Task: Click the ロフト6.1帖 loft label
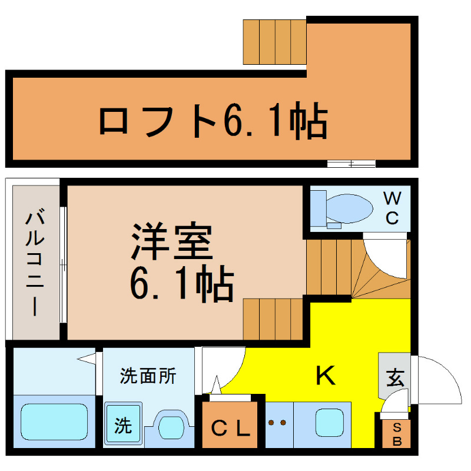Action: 213,120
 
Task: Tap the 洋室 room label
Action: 172,241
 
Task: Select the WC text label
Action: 392,208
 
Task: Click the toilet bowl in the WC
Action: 349,208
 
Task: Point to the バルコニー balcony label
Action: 35,263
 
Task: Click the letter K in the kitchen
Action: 326,375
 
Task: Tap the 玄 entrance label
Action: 395,378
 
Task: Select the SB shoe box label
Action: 397,434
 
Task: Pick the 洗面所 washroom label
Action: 148,376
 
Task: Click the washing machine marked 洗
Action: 123,423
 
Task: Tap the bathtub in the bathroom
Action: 54,422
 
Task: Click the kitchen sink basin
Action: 330,423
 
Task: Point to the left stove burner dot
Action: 271,423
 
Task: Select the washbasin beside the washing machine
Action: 171,427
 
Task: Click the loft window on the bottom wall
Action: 351,164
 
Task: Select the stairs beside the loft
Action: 274,42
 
